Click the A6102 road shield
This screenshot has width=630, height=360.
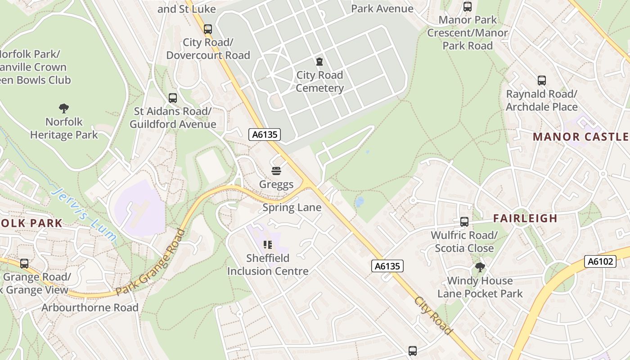pos(600,261)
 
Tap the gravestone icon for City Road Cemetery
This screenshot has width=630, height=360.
pos(319,62)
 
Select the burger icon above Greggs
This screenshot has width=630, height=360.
pos(276,171)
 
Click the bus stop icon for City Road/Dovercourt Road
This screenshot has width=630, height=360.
pos(207,29)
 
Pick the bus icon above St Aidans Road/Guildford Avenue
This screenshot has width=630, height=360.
pos(172,98)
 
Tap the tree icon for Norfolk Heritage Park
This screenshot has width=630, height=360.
pos(64,108)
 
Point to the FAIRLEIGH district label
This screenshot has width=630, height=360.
pos(525,219)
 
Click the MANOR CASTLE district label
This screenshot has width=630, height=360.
pos(580,137)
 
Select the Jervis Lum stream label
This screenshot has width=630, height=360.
pos(84,216)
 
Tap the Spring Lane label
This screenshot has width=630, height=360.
pos(292,207)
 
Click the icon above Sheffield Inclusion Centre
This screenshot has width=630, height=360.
pos(268,245)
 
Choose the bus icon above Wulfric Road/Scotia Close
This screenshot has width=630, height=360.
pos(464,222)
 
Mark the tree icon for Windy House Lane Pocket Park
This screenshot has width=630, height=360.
pos(480,267)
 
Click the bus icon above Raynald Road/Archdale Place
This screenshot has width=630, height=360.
pos(541,81)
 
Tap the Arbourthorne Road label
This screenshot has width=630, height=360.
pos(90,308)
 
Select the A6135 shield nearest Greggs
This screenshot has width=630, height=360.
pos(265,134)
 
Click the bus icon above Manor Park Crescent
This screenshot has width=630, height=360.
pos(468,7)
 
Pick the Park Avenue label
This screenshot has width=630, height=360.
pos(382,9)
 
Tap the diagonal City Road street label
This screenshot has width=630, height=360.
pos(433,315)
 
